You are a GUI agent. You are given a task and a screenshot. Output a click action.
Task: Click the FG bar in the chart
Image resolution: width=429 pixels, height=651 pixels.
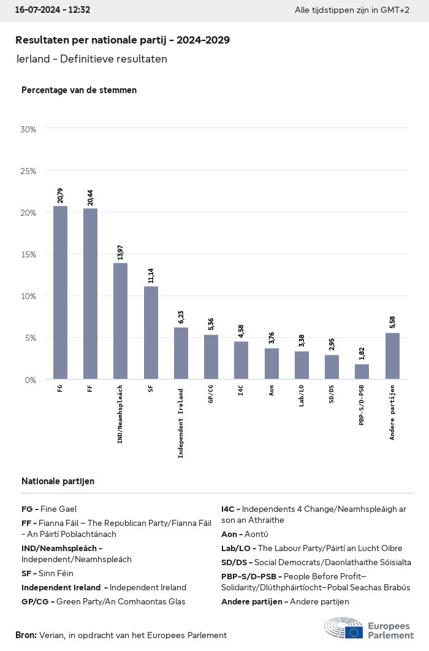tap(60, 292)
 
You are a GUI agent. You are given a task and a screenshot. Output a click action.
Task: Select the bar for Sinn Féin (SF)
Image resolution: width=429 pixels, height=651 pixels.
tap(151, 332)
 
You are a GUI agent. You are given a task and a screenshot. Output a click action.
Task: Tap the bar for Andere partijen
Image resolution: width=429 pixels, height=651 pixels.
tap(392, 356)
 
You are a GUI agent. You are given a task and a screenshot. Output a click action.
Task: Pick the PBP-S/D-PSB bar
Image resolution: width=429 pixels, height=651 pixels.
tap(362, 371)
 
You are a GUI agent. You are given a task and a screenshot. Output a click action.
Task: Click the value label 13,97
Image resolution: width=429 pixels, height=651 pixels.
tap(120, 251)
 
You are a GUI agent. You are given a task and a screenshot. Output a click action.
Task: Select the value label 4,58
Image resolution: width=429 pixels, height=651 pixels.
tap(241, 330)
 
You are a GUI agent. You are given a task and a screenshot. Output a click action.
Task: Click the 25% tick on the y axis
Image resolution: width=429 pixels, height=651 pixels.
tap(28, 171)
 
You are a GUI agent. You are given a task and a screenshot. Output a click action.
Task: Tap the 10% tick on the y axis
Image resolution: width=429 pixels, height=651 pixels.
tap(28, 296)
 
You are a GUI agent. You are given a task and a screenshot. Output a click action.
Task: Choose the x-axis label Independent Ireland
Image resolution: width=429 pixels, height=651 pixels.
tap(181, 422)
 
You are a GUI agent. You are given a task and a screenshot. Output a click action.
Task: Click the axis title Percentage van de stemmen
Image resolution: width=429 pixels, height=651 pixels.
tap(79, 90)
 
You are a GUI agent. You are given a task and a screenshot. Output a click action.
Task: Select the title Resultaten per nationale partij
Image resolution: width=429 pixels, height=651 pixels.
tap(123, 40)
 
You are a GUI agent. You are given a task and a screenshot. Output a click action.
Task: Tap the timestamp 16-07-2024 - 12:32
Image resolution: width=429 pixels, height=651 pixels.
tap(53, 10)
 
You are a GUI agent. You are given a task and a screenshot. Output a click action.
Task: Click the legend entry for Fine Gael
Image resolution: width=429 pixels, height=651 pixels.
tap(49, 509)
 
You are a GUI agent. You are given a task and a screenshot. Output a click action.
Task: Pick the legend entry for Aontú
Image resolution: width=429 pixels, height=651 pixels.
tap(245, 534)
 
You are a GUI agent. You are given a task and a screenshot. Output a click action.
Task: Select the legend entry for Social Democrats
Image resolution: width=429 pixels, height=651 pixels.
tap(316, 562)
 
